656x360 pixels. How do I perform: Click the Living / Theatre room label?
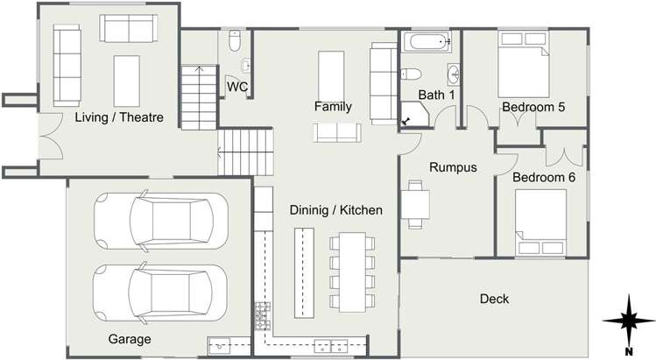pos(119,117)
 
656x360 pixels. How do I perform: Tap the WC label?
pos(236,87)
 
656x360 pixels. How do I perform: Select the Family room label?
pos(333,107)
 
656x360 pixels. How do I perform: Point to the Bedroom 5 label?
pos(533,107)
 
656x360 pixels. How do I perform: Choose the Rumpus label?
pos(452,166)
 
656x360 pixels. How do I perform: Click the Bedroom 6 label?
pos(544,177)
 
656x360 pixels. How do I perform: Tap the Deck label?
pos(494,299)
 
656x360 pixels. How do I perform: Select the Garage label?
pos(129,339)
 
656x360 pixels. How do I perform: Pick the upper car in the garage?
pos(160,220)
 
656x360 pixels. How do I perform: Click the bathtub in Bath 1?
pos(427,41)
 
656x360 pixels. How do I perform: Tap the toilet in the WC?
pos(234,41)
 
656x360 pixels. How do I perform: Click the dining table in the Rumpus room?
pos(418,203)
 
